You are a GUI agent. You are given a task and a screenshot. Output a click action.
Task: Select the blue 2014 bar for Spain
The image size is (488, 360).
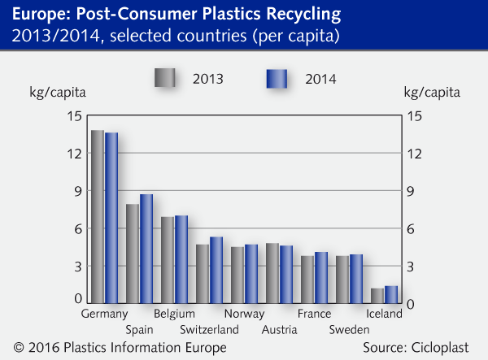(x=146, y=249)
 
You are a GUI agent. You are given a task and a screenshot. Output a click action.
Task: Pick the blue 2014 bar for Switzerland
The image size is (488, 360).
(x=216, y=271)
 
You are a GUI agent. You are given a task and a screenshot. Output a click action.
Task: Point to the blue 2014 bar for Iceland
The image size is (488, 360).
(x=391, y=295)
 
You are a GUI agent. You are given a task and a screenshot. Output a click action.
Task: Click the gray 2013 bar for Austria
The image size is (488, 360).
(x=272, y=273)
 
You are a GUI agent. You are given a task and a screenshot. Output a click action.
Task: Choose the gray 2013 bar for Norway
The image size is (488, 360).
(x=237, y=275)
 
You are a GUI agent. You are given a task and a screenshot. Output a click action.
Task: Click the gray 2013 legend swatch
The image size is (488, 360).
(x=165, y=79)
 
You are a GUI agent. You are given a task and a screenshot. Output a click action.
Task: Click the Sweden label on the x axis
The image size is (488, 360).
(x=350, y=329)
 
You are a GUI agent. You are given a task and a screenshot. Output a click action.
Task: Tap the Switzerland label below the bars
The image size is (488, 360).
(x=209, y=329)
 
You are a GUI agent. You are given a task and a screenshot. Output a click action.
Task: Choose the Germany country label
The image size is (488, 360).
(x=105, y=314)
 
